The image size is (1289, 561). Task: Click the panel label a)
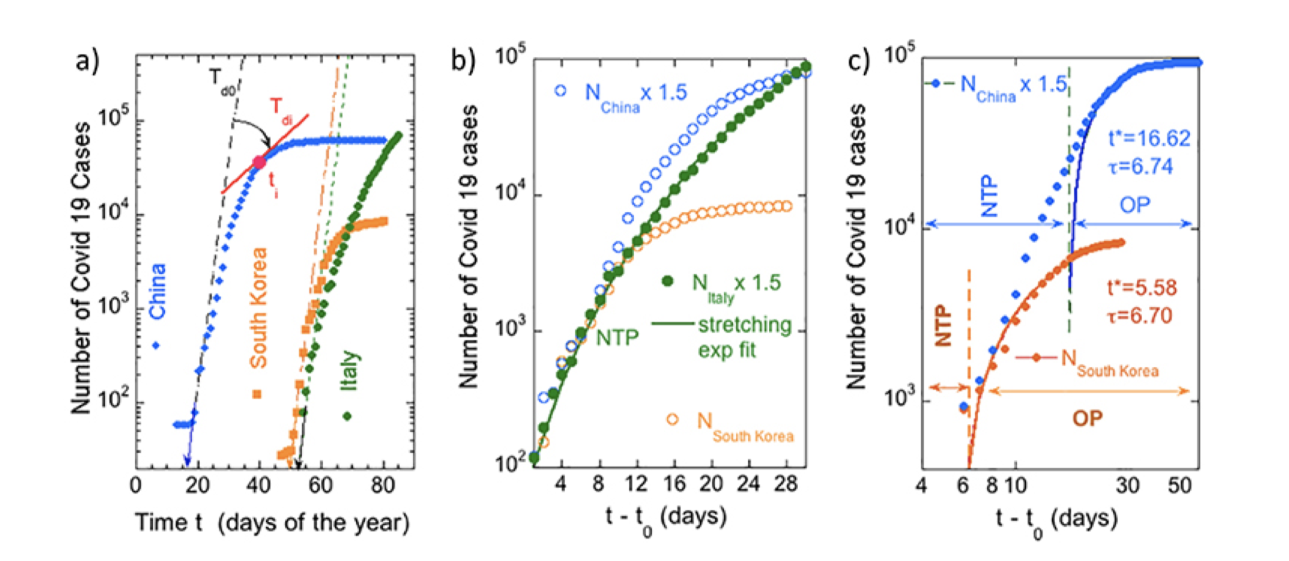[x=87, y=61]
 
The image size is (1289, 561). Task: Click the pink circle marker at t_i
[x=260, y=162]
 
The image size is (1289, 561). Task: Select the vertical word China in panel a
[x=158, y=291]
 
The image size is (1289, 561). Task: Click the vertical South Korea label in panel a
[x=259, y=307]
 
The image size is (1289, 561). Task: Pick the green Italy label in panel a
[x=349, y=370]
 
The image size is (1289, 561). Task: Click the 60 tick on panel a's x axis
[x=320, y=485]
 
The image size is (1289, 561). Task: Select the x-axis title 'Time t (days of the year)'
[x=272, y=522]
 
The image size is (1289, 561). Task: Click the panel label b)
[x=463, y=61]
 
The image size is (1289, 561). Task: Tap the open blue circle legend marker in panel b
[x=561, y=91]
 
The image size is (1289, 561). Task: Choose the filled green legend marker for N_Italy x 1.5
[x=668, y=281]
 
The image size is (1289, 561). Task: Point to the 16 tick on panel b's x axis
[x=674, y=484]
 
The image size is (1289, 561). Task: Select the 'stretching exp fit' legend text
[x=744, y=337]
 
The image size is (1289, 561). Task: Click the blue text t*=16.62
[x=1149, y=138]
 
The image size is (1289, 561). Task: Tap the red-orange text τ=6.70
[x=1139, y=316]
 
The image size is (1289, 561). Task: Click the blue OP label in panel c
[x=1135, y=205]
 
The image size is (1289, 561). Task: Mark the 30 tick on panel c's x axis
[x=1127, y=485]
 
